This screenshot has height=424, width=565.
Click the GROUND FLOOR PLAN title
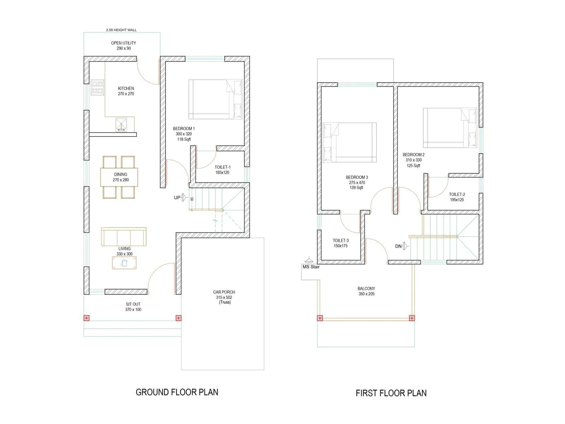coord(177,392)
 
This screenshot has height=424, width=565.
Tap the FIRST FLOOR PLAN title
coord(391,393)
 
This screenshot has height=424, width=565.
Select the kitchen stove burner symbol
coord(97,87)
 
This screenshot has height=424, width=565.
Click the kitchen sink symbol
coord(121,125)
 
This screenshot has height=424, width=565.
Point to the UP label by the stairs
coord(177,198)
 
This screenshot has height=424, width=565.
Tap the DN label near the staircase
coord(398,246)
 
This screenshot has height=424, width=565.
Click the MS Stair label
coord(311,267)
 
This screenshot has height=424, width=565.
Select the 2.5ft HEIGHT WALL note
coord(121,30)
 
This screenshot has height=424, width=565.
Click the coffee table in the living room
coord(124,263)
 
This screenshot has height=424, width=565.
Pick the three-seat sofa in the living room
coord(124,237)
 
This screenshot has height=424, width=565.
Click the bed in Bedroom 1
coord(215,99)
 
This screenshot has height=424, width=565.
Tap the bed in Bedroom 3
coord(349,142)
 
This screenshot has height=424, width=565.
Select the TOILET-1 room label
coord(222,167)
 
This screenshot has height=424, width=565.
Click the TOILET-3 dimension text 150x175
coord(340,246)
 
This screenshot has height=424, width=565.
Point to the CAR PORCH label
coord(224,292)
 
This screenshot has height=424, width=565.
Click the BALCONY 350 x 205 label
coord(366,291)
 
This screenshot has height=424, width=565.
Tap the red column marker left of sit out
coord(87,318)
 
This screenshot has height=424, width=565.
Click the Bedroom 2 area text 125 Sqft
coord(413,166)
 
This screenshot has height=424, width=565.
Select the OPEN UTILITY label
coord(124,43)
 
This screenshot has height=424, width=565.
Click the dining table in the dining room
coord(119,177)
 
